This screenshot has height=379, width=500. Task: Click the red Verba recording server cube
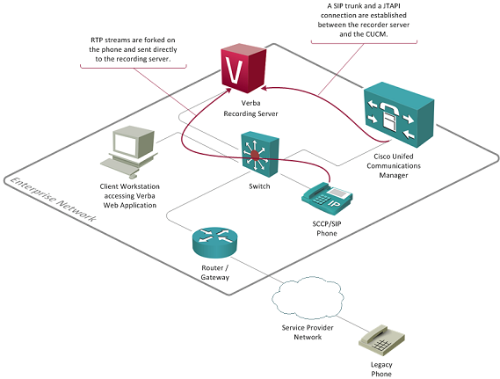(x=243, y=69)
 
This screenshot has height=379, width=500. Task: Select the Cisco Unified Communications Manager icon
(x=399, y=114)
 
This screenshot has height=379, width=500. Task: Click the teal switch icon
(x=260, y=155)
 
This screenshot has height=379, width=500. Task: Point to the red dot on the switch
(x=255, y=156)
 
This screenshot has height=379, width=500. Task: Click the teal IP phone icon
(x=327, y=198)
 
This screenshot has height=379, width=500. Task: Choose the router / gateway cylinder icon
(x=215, y=242)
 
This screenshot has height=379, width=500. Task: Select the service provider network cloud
(x=308, y=297)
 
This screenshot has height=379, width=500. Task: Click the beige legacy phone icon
(x=381, y=340)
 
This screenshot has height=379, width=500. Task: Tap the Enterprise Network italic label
(x=54, y=199)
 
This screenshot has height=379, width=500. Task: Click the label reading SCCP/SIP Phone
(x=327, y=229)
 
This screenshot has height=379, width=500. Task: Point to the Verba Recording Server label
(x=250, y=108)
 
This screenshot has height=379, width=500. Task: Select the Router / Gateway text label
(x=215, y=273)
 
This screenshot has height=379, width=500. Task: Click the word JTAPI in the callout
(x=391, y=6)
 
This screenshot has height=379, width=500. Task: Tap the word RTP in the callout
(x=97, y=40)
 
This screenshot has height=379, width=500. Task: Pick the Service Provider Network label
(x=308, y=332)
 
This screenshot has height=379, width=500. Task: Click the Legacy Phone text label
(x=381, y=369)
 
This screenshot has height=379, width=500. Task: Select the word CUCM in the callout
(x=376, y=34)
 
